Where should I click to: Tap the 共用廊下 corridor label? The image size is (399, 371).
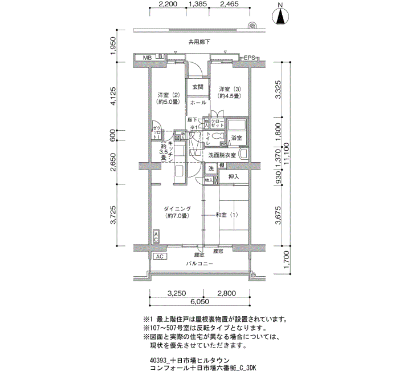point(199,42)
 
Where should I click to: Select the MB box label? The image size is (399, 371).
point(147,58)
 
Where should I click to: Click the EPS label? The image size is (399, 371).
point(250,58)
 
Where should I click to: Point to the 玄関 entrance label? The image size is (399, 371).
point(198,87)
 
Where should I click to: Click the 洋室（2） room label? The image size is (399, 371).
point(169,95)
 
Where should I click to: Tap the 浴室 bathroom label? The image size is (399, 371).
point(236,138)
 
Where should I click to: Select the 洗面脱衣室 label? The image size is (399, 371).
point(222,155)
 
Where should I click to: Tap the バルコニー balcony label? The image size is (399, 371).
point(199,264)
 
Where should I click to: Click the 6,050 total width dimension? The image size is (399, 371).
point(199,301)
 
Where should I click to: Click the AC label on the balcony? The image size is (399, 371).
point(160,257)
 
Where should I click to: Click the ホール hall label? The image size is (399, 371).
point(198,103)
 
